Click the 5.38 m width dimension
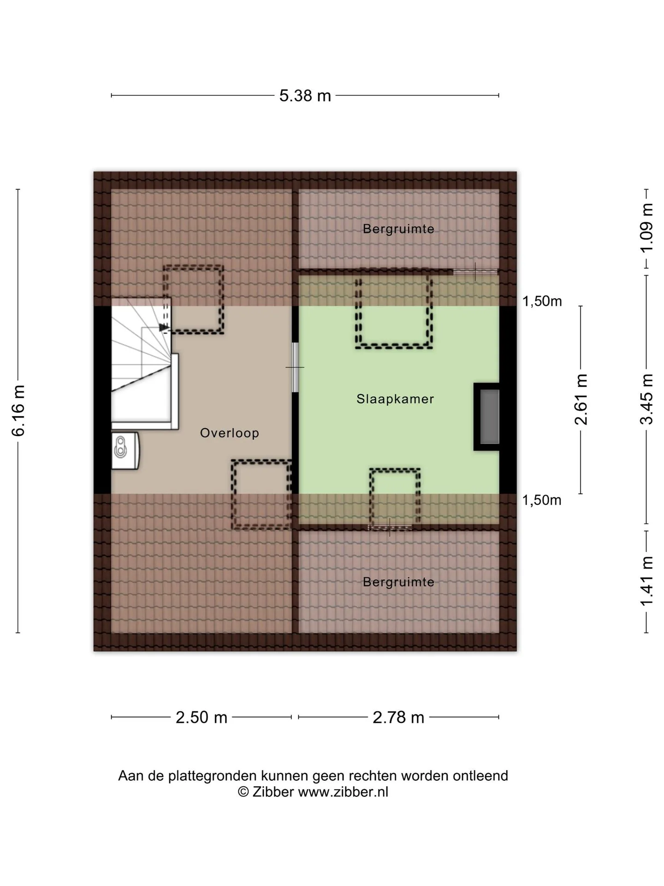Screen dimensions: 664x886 (305, 96)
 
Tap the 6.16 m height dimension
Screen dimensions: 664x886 (18, 410)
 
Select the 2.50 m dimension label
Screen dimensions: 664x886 (202, 717)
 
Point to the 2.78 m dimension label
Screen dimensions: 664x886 (398, 717)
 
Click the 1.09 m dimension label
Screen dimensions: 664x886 (646, 227)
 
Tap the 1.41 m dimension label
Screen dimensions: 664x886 (646, 581)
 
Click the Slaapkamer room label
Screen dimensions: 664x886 (395, 399)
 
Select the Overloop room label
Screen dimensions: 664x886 (230, 433)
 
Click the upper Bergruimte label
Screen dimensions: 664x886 (398, 229)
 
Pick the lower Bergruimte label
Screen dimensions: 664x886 (398, 582)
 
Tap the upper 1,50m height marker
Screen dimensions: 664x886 (542, 301)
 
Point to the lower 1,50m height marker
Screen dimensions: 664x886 (542, 500)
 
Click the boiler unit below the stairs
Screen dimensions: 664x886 (125, 450)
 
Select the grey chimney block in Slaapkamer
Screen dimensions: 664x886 (489, 417)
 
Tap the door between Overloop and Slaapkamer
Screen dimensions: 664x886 (295, 367)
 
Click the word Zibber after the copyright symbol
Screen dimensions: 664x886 (273, 792)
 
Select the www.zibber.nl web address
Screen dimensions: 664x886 (343, 792)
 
